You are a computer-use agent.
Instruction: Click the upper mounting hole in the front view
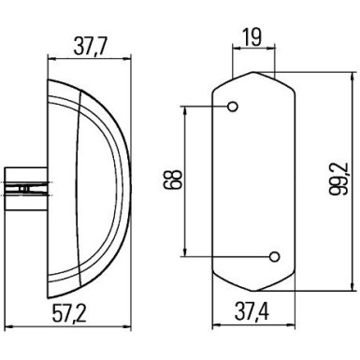click(233, 106)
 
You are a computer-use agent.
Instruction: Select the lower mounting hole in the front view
click(274, 256)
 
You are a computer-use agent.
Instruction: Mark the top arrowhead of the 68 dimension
click(190, 109)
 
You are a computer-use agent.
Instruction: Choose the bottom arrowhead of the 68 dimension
click(190, 252)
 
